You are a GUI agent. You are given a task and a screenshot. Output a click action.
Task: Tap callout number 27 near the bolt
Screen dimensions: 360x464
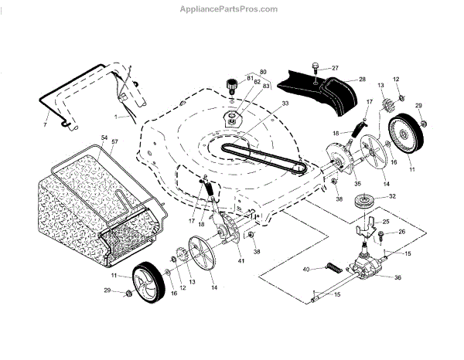point(335,69)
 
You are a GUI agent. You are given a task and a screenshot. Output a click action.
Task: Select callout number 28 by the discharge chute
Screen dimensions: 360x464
point(361,80)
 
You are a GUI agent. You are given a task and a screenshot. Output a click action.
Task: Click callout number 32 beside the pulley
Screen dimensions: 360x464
point(392,196)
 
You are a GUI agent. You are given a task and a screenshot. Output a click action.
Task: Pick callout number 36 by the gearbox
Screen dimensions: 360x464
point(398,277)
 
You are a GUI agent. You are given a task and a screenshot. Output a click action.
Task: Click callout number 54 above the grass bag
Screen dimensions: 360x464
point(103,138)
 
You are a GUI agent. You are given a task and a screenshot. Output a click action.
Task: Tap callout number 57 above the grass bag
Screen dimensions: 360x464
point(114,144)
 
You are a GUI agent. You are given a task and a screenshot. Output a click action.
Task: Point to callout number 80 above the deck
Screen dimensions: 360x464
point(263,72)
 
